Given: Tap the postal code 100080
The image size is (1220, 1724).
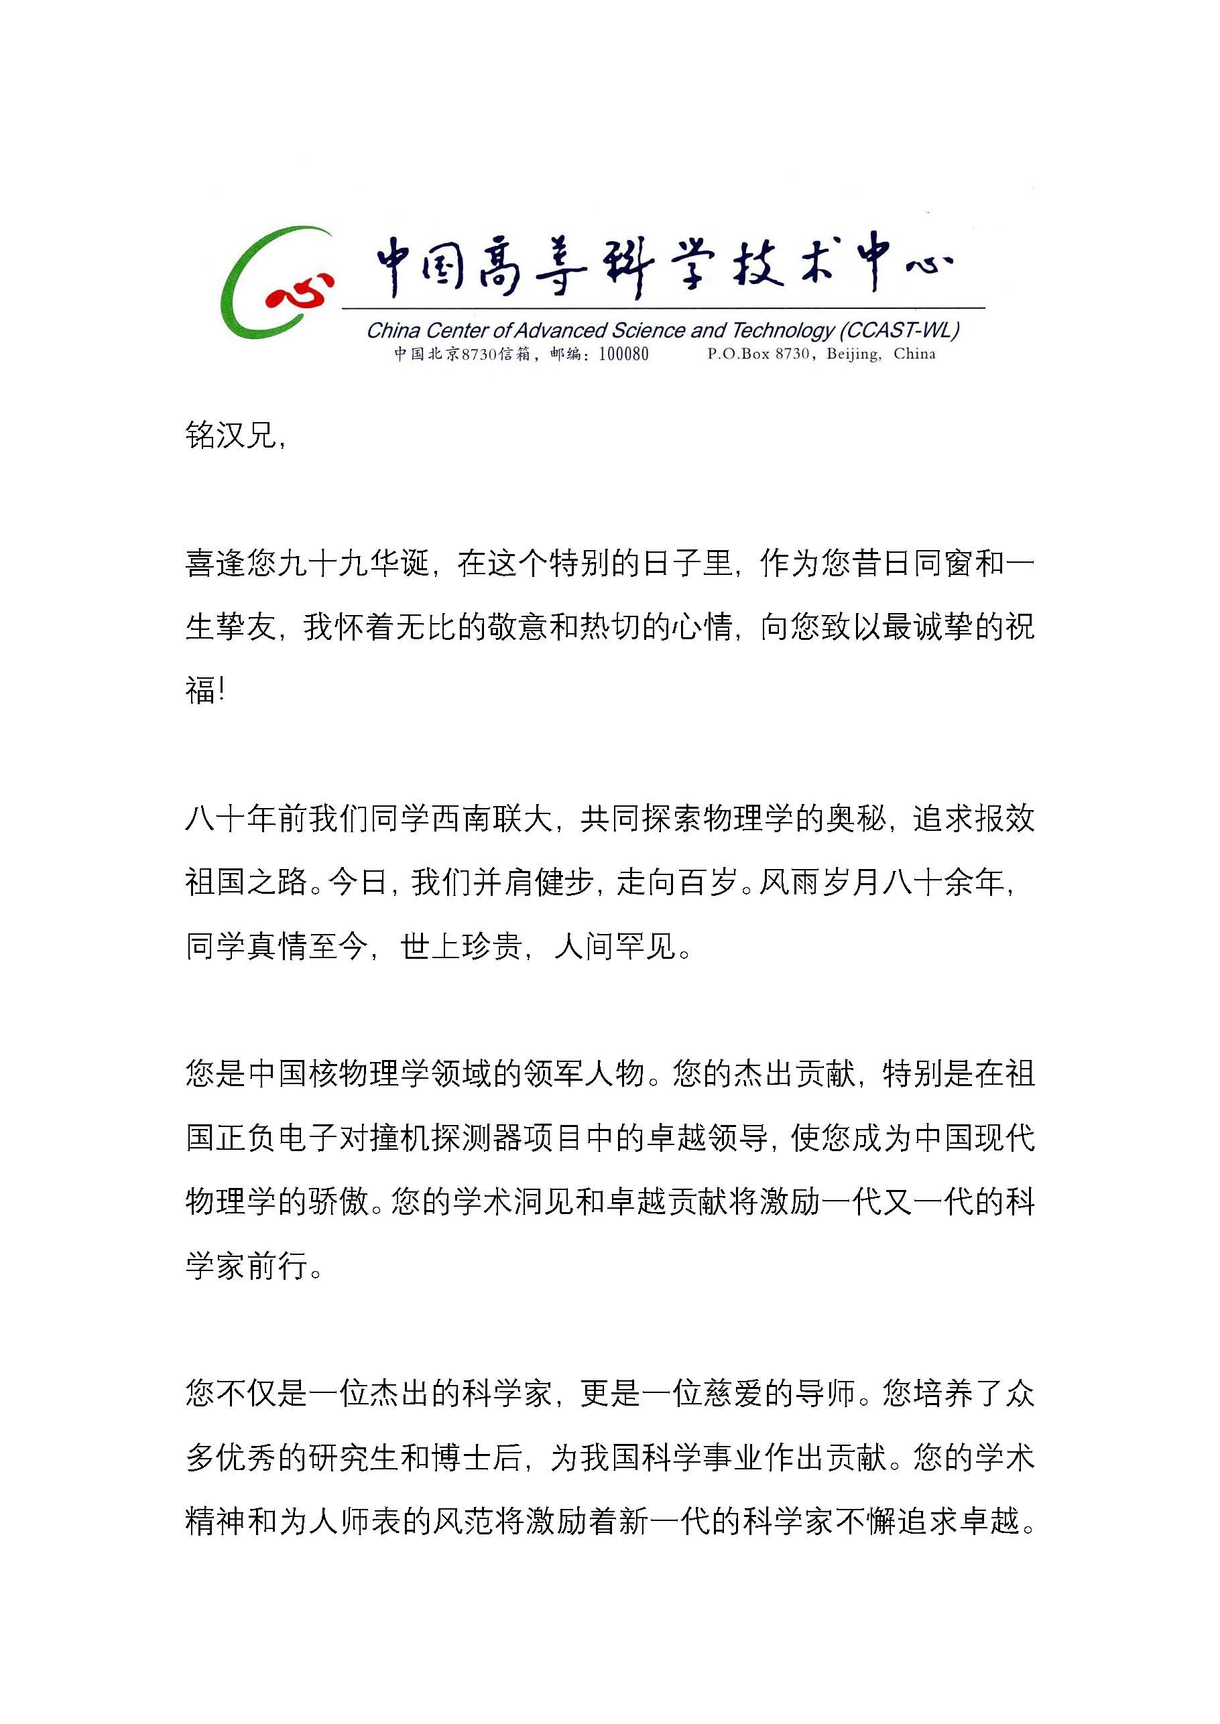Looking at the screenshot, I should click(x=623, y=354).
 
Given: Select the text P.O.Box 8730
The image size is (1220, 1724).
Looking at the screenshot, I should click(x=758, y=354).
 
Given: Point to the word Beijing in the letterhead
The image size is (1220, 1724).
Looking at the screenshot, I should click(x=853, y=354).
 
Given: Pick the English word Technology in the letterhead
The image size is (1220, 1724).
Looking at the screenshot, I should click(x=782, y=330).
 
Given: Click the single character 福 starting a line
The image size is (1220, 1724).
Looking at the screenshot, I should click(x=200, y=689).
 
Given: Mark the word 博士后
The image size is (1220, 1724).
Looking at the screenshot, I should click(x=477, y=1458).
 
